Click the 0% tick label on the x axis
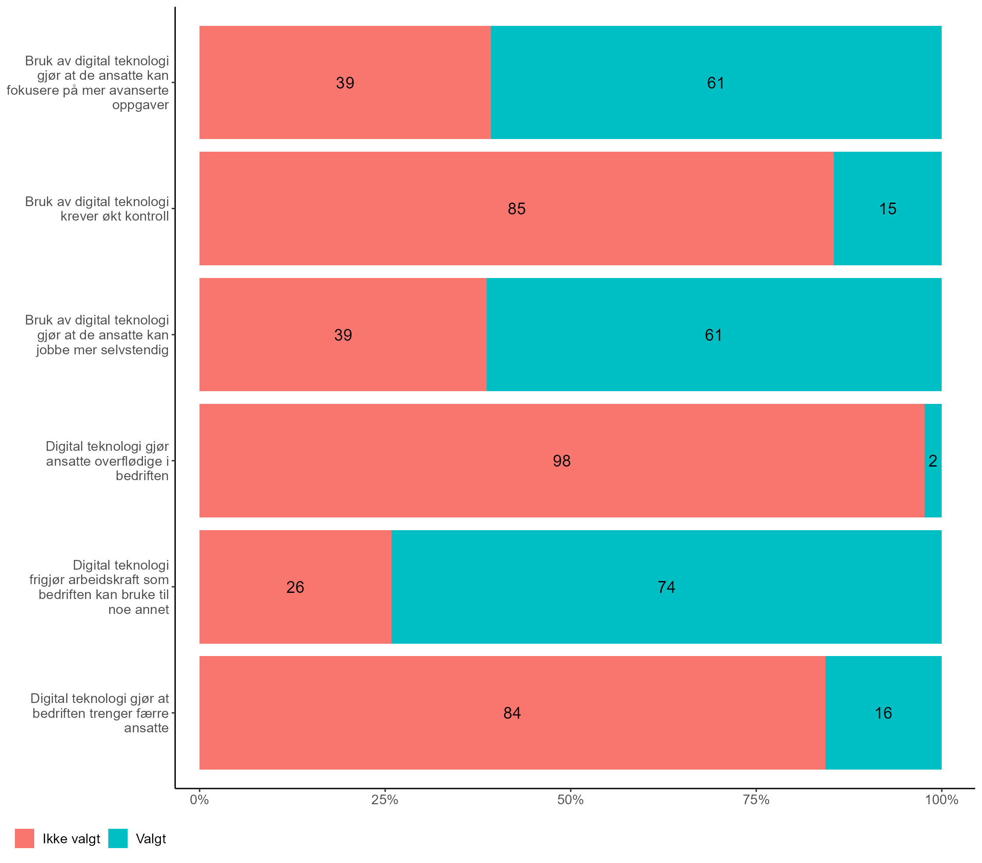pos(199,800)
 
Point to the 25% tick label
pos(385,800)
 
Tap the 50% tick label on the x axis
pos(570,800)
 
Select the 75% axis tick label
pos(756,800)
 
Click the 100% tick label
pos(942,800)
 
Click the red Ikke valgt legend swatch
pos(25,838)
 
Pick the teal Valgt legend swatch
pos(117,838)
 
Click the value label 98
pos(562,461)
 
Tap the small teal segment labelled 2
pos(933,461)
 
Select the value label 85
pos(516,209)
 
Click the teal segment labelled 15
pos(887,209)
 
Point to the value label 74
pos(666,587)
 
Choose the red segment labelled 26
pos(295,587)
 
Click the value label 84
pos(512,713)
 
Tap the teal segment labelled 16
pos(883,713)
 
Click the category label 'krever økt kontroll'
pos(114,216)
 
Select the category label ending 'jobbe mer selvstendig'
pos(102,350)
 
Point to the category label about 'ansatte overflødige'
pos(107,461)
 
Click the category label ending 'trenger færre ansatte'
pos(100,713)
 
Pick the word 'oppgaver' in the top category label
pos(140,105)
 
